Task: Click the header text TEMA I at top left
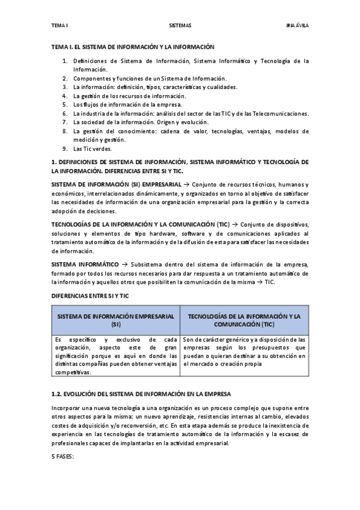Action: tap(59, 26)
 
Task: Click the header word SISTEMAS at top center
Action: tap(180, 26)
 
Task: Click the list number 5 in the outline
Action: tap(65, 104)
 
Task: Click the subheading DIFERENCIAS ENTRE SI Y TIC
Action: tap(90, 296)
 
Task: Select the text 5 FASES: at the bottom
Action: tap(63, 456)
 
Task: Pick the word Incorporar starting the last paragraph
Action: tap(66, 409)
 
